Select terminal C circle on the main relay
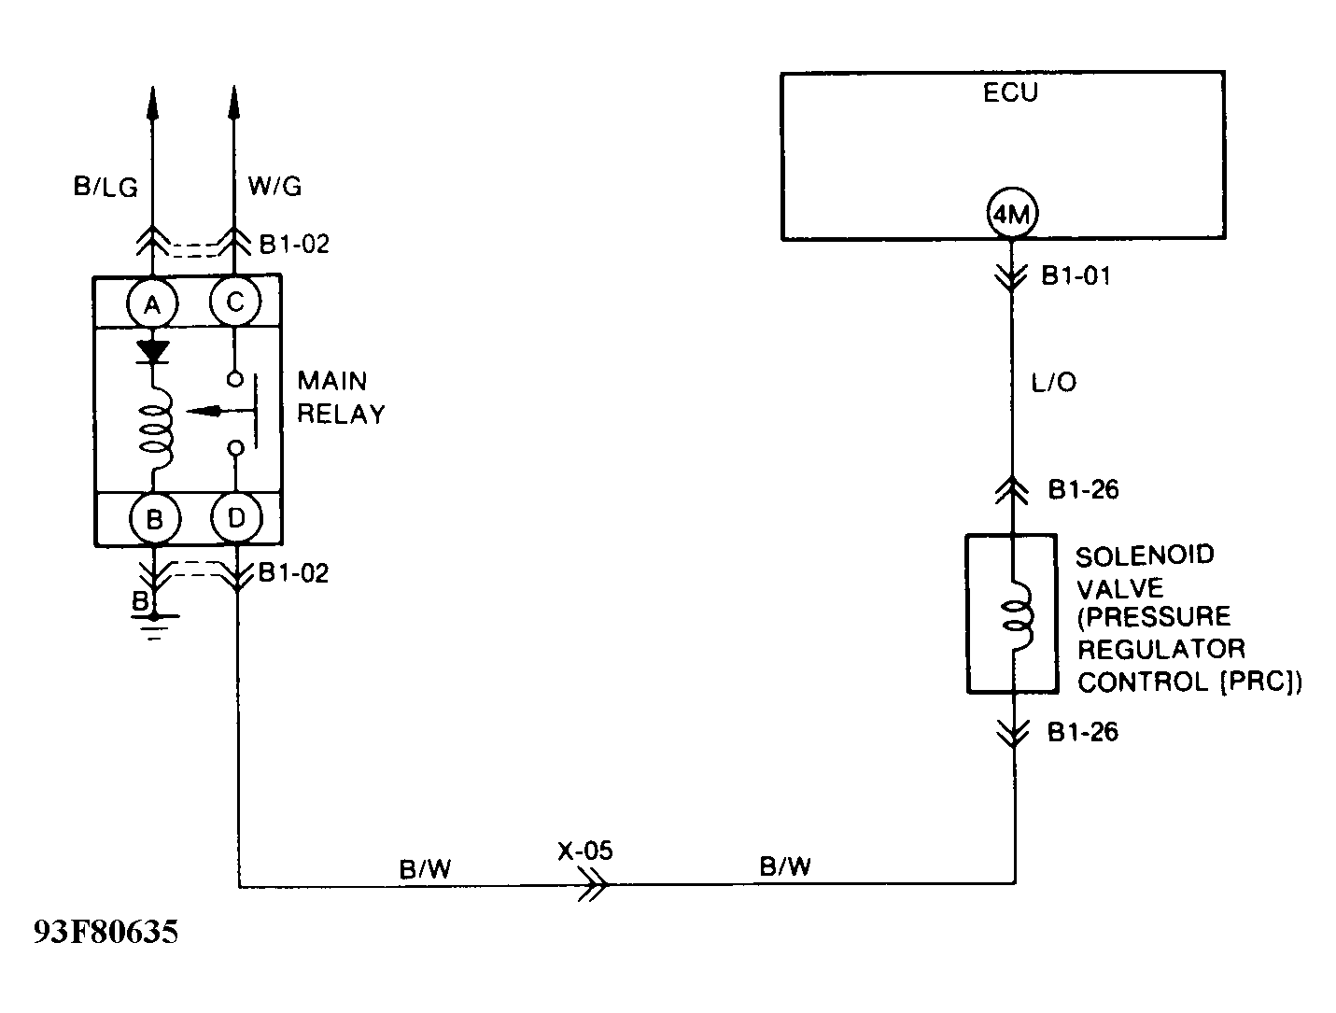pyautogui.click(x=234, y=302)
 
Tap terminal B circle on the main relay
pyautogui.click(x=154, y=519)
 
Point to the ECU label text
pyautogui.click(x=1010, y=93)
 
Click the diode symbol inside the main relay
pyautogui.click(x=153, y=351)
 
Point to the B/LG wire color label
pyautogui.click(x=105, y=188)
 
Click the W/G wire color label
pyautogui.click(x=274, y=187)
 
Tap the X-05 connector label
pyautogui.click(x=585, y=851)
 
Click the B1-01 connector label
pyautogui.click(x=1076, y=276)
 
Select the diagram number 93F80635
pyautogui.click(x=105, y=933)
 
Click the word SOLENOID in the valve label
pyautogui.click(x=1145, y=556)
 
